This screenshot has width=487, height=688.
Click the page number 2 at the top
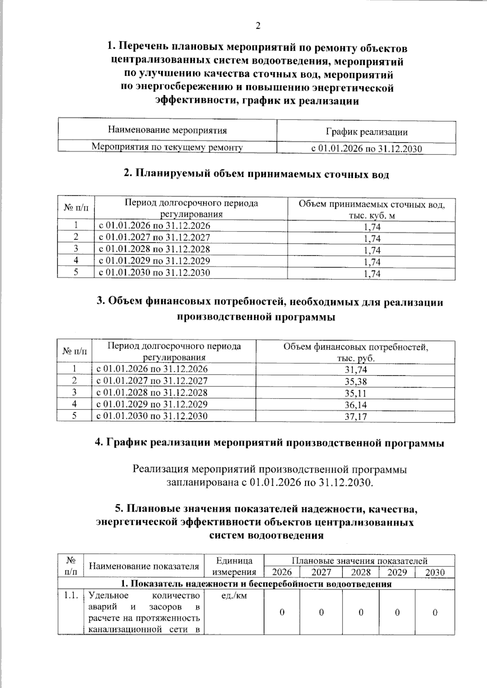click(x=257, y=26)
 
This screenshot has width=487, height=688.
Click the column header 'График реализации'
click(x=366, y=132)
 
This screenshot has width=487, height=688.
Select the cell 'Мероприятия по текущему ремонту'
click(x=167, y=147)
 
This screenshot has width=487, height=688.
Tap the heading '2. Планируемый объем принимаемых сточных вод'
click(x=256, y=174)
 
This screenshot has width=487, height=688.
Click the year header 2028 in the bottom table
click(x=360, y=572)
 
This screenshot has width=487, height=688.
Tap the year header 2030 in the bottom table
click(x=435, y=572)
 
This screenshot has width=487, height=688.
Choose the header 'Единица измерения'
click(x=234, y=566)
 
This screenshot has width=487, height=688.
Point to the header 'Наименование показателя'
click(x=144, y=566)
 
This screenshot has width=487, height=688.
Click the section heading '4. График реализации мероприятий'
click(x=269, y=443)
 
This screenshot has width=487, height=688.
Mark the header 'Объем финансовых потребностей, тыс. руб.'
click(x=356, y=352)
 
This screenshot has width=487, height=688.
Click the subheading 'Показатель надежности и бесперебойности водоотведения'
click(x=256, y=584)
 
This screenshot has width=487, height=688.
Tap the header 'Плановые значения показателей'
click(x=359, y=561)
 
